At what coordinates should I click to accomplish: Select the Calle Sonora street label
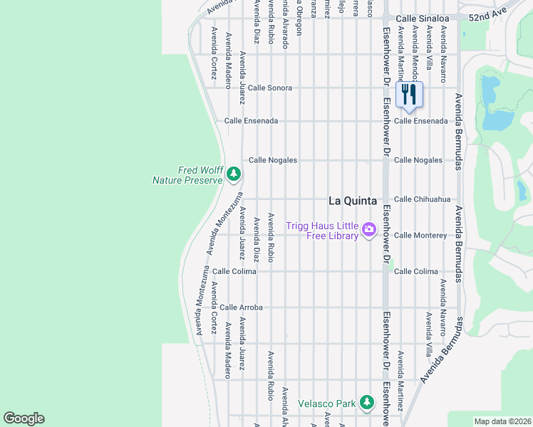(x=270, y=88)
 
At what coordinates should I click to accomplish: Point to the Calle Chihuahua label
(x=422, y=199)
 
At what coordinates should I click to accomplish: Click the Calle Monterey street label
(x=420, y=235)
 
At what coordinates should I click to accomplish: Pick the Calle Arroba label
(x=241, y=307)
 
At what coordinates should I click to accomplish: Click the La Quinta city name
(x=352, y=201)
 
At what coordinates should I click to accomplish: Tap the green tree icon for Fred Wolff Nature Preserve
(x=233, y=174)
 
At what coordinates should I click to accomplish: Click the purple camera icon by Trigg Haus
(x=369, y=229)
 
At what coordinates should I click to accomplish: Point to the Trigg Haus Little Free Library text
(x=321, y=231)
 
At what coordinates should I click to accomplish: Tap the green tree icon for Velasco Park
(x=366, y=403)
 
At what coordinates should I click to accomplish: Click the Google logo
(x=24, y=418)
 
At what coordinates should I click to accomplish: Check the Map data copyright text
(x=502, y=421)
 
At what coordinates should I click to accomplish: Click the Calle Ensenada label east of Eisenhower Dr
(x=420, y=121)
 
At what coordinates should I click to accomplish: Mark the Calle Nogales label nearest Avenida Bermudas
(x=418, y=160)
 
